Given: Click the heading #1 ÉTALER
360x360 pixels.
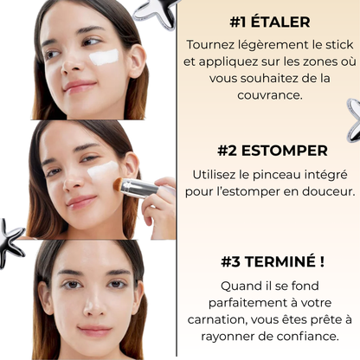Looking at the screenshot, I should coord(271,21).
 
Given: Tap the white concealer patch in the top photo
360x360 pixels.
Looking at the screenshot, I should coord(106,56).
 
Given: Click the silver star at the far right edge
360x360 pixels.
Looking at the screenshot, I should coord(354,119).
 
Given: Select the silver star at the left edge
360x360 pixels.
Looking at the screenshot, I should coord(10,241).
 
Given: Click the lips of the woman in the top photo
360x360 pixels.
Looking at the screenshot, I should coord(78,87).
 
